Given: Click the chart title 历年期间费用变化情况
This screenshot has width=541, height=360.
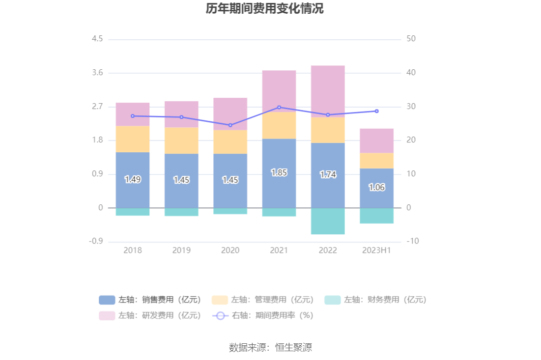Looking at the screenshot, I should (264, 9).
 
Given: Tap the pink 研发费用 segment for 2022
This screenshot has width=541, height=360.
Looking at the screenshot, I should (328, 91).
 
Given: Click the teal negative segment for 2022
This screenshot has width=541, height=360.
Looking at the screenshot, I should (328, 221).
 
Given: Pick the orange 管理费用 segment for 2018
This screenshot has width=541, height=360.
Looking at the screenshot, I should (133, 139).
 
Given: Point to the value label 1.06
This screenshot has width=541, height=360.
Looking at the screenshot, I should (376, 187).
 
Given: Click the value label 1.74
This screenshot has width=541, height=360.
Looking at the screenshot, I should (328, 174).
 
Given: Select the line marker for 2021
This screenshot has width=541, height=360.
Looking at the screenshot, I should (279, 107).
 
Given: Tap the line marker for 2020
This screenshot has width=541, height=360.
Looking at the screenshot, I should (230, 125).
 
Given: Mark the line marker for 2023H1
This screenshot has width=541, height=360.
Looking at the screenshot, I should (376, 111).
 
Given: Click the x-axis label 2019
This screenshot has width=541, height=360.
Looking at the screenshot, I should (181, 250).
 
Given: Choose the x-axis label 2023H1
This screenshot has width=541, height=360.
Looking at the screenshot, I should (376, 250).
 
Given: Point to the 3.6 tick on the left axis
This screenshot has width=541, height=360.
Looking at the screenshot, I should (97, 73).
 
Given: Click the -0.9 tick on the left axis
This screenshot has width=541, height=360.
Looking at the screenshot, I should (96, 242).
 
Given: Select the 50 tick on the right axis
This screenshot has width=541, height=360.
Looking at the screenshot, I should (411, 39).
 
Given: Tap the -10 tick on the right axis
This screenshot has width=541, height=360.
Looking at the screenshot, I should (412, 242).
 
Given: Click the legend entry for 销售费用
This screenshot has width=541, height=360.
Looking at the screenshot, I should (150, 300).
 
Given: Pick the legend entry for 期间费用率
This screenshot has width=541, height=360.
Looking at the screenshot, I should (262, 315).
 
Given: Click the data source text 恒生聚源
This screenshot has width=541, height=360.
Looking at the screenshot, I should (293, 348).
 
